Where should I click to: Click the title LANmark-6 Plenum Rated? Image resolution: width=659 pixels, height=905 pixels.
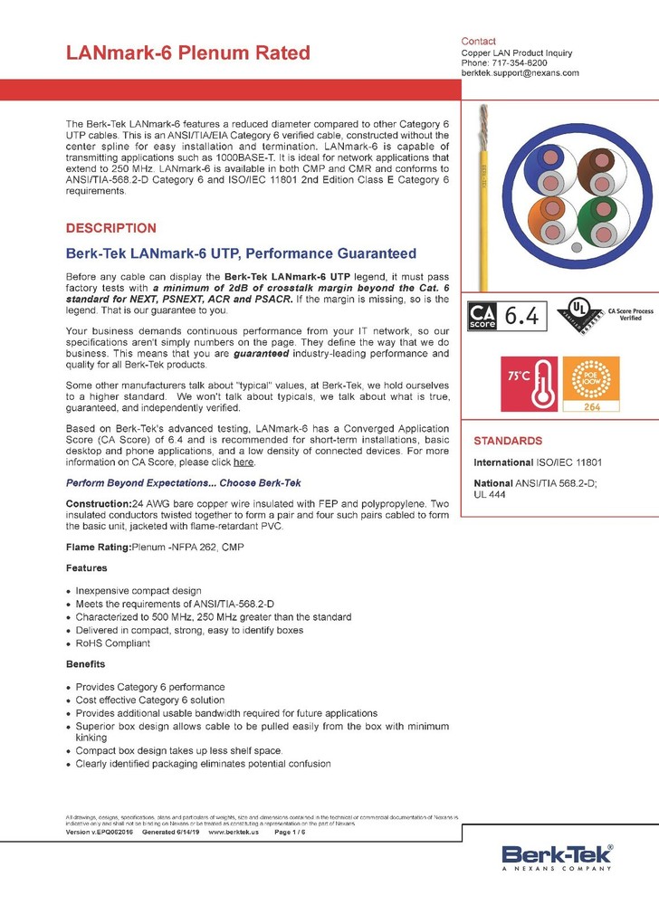[188, 53]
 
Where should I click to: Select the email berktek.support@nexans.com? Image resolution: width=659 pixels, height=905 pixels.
[520, 72]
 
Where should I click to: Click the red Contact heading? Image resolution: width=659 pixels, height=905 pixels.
[478, 42]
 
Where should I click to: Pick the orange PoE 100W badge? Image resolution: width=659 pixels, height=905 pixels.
[588, 379]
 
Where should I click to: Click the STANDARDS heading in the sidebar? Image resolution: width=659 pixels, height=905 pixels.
[508, 441]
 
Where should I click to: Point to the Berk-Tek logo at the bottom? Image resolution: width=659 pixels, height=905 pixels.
[557, 856]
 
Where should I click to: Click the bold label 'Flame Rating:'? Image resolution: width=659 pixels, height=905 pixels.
[99, 547]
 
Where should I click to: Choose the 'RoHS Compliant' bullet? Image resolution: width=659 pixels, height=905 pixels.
[113, 643]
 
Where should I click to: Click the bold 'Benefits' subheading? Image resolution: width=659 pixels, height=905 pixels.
[87, 664]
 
